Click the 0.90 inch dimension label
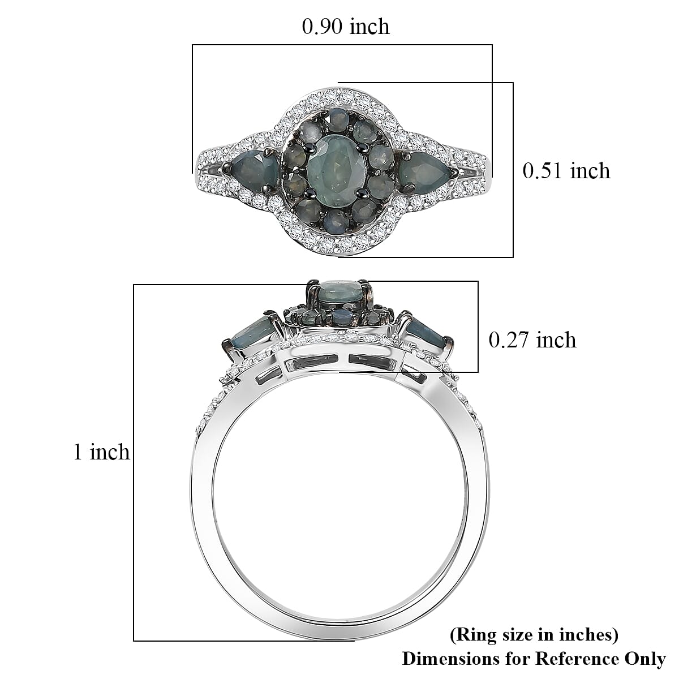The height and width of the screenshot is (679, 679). pyautogui.click(x=346, y=27)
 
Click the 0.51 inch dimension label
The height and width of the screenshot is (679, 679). pyautogui.click(x=566, y=171)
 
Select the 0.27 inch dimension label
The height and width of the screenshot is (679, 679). pyautogui.click(x=532, y=340)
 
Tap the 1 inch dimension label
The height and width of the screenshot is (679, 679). pyautogui.click(x=101, y=452)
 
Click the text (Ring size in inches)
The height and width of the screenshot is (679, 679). pyautogui.click(x=534, y=635)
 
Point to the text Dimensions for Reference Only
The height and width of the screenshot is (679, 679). pyautogui.click(x=534, y=659)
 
